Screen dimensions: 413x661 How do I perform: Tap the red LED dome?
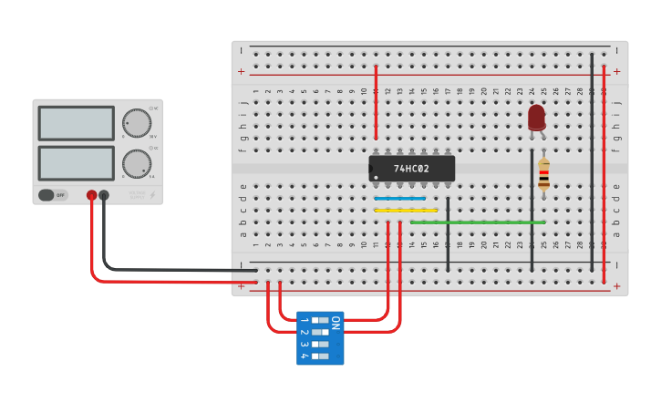[x=536, y=118]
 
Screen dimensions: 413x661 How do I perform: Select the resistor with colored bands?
[x=543, y=176]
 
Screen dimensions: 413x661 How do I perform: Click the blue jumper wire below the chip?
[x=400, y=198]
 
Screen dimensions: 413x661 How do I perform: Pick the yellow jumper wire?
[x=406, y=211]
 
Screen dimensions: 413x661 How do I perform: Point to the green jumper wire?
[x=478, y=222]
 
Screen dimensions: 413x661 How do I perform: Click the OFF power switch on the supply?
[x=53, y=195]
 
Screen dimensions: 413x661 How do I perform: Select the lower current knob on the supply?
[x=136, y=164]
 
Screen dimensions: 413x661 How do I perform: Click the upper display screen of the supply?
[x=76, y=123]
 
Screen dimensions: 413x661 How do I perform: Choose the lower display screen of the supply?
[x=76, y=162]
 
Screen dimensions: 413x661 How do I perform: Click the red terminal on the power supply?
[x=92, y=195]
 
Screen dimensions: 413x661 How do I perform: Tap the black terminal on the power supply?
[x=104, y=195]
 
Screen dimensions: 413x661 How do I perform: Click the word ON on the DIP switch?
[x=336, y=322]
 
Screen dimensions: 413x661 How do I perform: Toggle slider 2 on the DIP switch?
[x=319, y=333]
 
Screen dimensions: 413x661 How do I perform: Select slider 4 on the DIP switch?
[x=319, y=356]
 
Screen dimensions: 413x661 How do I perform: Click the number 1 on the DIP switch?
[x=304, y=321]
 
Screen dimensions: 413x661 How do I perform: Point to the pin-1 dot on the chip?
[x=376, y=177]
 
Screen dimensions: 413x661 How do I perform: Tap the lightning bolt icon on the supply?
[x=151, y=194]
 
